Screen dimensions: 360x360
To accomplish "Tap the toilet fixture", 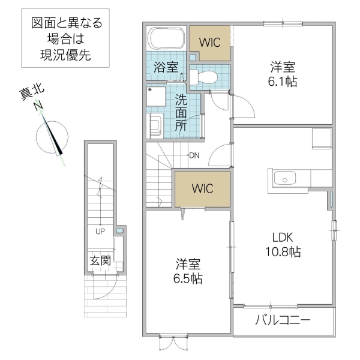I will (202, 76).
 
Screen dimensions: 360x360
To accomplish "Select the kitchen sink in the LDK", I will (283, 178).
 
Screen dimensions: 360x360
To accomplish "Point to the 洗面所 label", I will (181, 113).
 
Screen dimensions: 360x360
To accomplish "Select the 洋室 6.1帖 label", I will (281, 74).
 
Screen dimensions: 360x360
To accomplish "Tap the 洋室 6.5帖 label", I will (188, 271).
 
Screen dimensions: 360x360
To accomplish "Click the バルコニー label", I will (283, 320).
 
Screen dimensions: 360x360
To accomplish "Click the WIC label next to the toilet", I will (210, 43).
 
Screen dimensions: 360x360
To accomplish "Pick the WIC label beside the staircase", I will (202, 188).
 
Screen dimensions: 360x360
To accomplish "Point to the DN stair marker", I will (194, 155).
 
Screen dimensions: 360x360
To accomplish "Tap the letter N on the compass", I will (38, 106).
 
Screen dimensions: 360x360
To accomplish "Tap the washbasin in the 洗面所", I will (155, 125).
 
